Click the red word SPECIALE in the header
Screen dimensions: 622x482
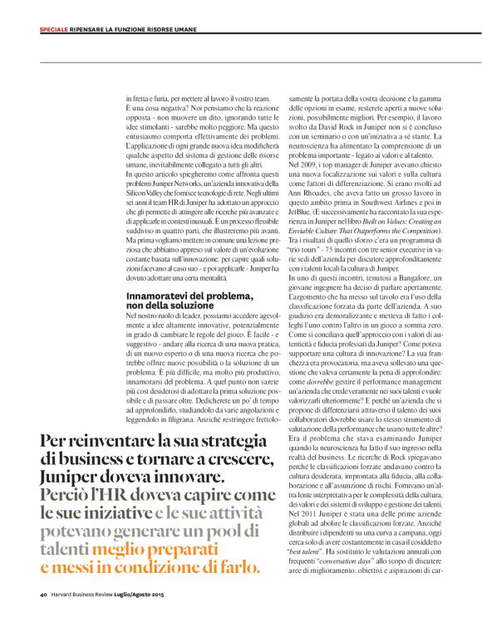point(55,30)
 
